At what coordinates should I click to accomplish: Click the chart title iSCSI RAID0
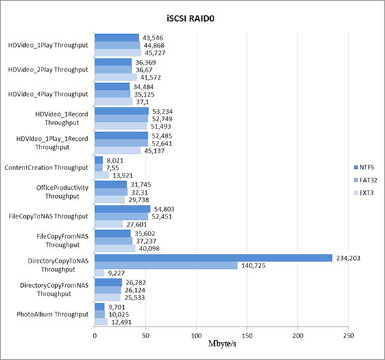coord(190,18)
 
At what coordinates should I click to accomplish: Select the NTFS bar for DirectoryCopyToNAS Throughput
coord(214,258)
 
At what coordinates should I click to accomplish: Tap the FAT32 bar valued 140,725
coord(166,265)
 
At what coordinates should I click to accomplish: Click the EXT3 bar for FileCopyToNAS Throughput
coord(109,224)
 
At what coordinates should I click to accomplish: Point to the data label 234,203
coord(348,258)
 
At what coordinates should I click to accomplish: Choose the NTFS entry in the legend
coord(364,167)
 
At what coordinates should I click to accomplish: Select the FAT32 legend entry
coord(365,180)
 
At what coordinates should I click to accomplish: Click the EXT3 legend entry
coord(364,193)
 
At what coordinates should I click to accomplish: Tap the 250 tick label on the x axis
coord(349,336)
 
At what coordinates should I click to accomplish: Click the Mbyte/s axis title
coord(222,344)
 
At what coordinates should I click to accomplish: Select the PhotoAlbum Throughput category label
coord(52,314)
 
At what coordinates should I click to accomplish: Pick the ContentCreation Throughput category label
coord(46,167)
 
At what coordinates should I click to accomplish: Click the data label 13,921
coord(122,175)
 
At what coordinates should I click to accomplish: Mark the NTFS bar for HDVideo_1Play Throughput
coord(117,38)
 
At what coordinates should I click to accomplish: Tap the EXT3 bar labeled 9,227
coord(99,273)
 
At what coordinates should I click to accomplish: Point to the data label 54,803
coord(164,209)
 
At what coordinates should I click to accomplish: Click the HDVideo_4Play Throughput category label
coord(48,94)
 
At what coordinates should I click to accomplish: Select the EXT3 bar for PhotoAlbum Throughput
coord(101,322)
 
